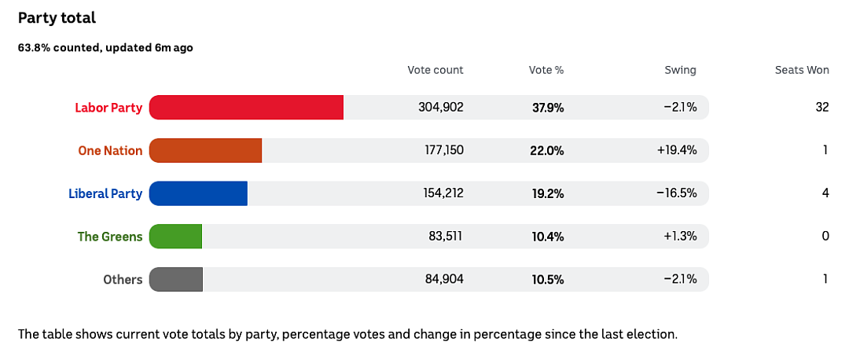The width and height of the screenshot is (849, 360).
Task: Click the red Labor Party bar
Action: pyautogui.click(x=246, y=107)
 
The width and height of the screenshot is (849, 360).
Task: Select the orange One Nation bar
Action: pyautogui.click(x=205, y=150)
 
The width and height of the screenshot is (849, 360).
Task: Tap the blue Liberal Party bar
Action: pyautogui.click(x=198, y=193)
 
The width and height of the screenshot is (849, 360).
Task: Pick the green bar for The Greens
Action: pyautogui.click(x=175, y=237)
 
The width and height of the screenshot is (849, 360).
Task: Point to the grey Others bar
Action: pyautogui.click(x=176, y=279)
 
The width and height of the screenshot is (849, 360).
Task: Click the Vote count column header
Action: pyautogui.click(x=436, y=70)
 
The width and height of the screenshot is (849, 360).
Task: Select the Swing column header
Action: pyautogui.click(x=681, y=71)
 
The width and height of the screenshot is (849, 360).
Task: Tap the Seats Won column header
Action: pyautogui.click(x=802, y=70)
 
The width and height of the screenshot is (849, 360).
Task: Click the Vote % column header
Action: pyautogui.click(x=546, y=70)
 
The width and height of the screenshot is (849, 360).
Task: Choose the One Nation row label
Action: pyautogui.click(x=111, y=150)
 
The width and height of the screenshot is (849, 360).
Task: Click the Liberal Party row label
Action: pyautogui.click(x=105, y=194)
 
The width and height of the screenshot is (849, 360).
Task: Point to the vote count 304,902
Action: pyautogui.click(x=441, y=108)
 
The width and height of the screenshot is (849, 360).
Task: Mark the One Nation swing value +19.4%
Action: pyautogui.click(x=677, y=150)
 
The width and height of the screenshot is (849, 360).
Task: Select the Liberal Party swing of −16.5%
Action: pyautogui.click(x=677, y=193)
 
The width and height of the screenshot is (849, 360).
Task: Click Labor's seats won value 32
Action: pyautogui.click(x=822, y=107)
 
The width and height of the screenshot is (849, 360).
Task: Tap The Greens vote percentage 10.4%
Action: pyautogui.click(x=548, y=237)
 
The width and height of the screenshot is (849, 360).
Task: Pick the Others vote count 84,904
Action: pyautogui.click(x=443, y=280)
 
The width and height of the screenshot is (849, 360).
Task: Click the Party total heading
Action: pyautogui.click(x=57, y=18)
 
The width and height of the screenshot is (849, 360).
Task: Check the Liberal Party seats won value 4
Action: pyautogui.click(x=825, y=193)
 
